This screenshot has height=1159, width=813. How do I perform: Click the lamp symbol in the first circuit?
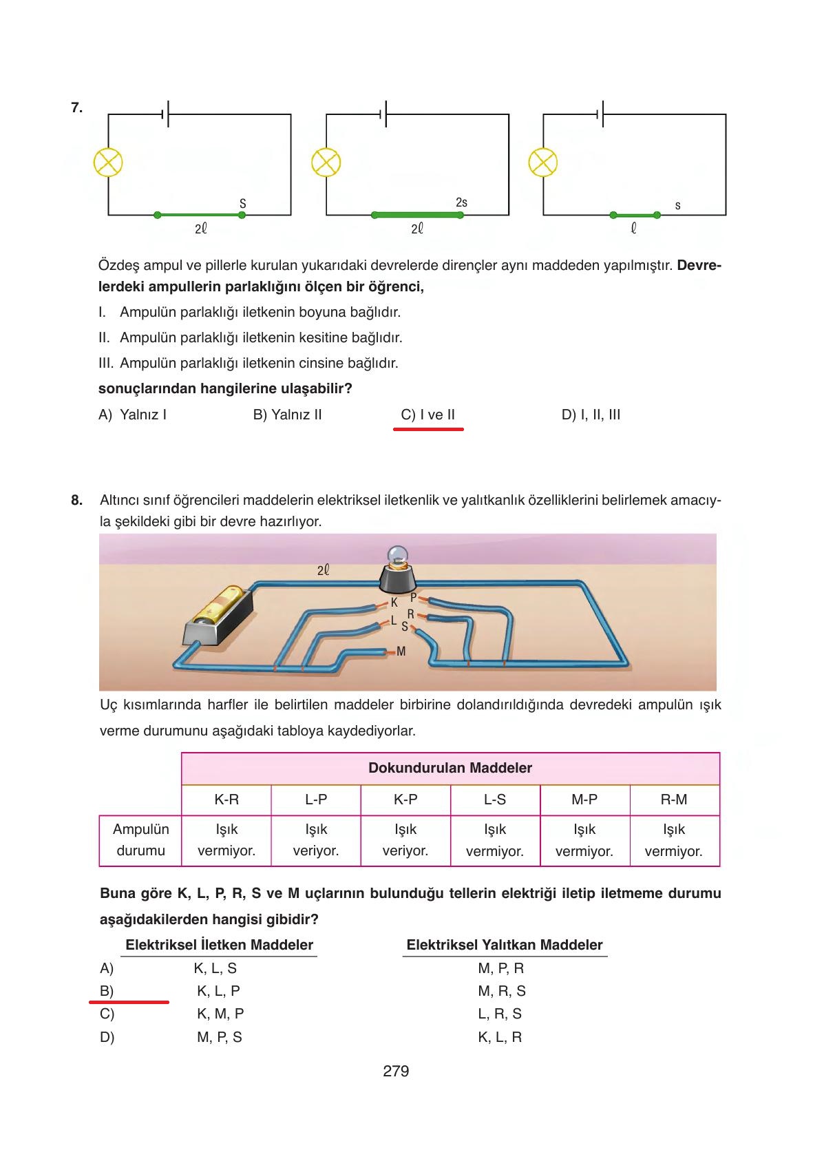tap(108, 163)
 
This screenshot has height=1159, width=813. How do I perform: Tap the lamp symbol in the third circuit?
tap(542, 163)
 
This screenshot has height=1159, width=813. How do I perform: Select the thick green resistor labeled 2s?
tap(416, 215)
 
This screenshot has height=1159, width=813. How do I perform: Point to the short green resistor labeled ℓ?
tap(635, 215)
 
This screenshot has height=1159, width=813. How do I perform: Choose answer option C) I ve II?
tap(427, 415)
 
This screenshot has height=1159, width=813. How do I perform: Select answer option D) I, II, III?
tap(591, 415)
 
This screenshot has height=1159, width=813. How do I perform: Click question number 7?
tap(76, 107)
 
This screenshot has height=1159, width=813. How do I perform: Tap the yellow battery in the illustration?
tap(219, 606)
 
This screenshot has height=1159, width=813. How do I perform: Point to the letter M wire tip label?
tap(401, 651)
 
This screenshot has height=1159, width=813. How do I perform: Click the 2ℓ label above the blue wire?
tap(323, 570)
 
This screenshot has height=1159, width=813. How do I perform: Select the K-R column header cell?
tap(226, 800)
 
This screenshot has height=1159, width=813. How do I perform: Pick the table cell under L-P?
tap(316, 840)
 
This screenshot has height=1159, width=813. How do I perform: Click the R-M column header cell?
tap(674, 800)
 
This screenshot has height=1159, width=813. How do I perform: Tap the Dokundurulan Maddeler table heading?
tap(450, 768)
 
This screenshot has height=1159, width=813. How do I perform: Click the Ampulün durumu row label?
tap(140, 839)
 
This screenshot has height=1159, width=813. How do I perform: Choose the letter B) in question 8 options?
tap(107, 991)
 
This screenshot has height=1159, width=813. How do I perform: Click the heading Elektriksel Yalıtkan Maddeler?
tap(504, 945)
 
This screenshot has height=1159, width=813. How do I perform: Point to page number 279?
tap(396, 1071)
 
